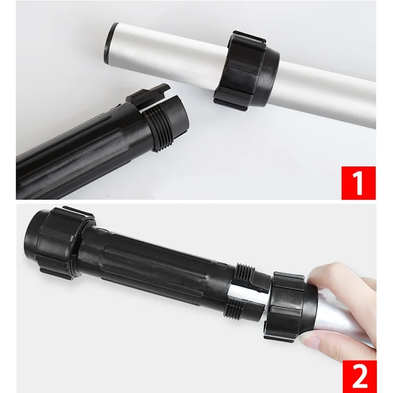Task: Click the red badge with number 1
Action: point(358,183)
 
